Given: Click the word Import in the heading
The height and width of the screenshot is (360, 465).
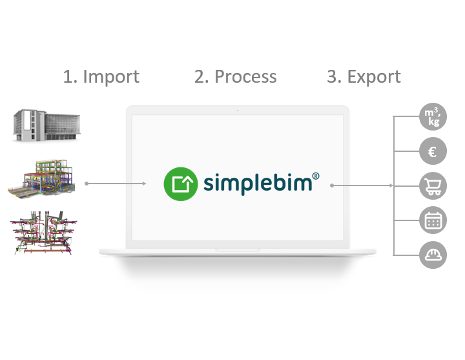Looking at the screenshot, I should tap(110, 77).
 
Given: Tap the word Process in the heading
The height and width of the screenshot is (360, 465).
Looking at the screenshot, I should tap(245, 77).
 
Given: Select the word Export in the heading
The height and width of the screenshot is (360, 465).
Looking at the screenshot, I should tap(374, 77).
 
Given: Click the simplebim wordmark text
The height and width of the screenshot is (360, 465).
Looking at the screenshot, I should tap(258, 184).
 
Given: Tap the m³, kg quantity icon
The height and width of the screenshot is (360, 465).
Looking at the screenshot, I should tap(433, 117).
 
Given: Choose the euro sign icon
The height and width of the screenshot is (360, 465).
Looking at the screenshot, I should tap(433, 152).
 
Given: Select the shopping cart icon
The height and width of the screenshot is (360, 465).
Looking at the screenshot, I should tap(433, 186).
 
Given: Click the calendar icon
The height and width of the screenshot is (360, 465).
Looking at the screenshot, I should tap(433, 220).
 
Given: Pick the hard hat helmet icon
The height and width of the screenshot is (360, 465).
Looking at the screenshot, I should tap(433, 255).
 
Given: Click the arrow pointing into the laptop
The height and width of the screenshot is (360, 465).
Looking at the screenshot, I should tap(116, 184).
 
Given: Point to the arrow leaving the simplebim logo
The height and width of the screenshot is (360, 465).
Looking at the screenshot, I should tap(362, 185).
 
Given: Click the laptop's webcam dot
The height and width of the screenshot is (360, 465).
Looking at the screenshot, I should tap(237, 111).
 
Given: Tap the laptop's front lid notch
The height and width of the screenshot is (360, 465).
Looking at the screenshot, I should tap(237, 249).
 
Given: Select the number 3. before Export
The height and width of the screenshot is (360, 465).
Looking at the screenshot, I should tap(334, 77).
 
